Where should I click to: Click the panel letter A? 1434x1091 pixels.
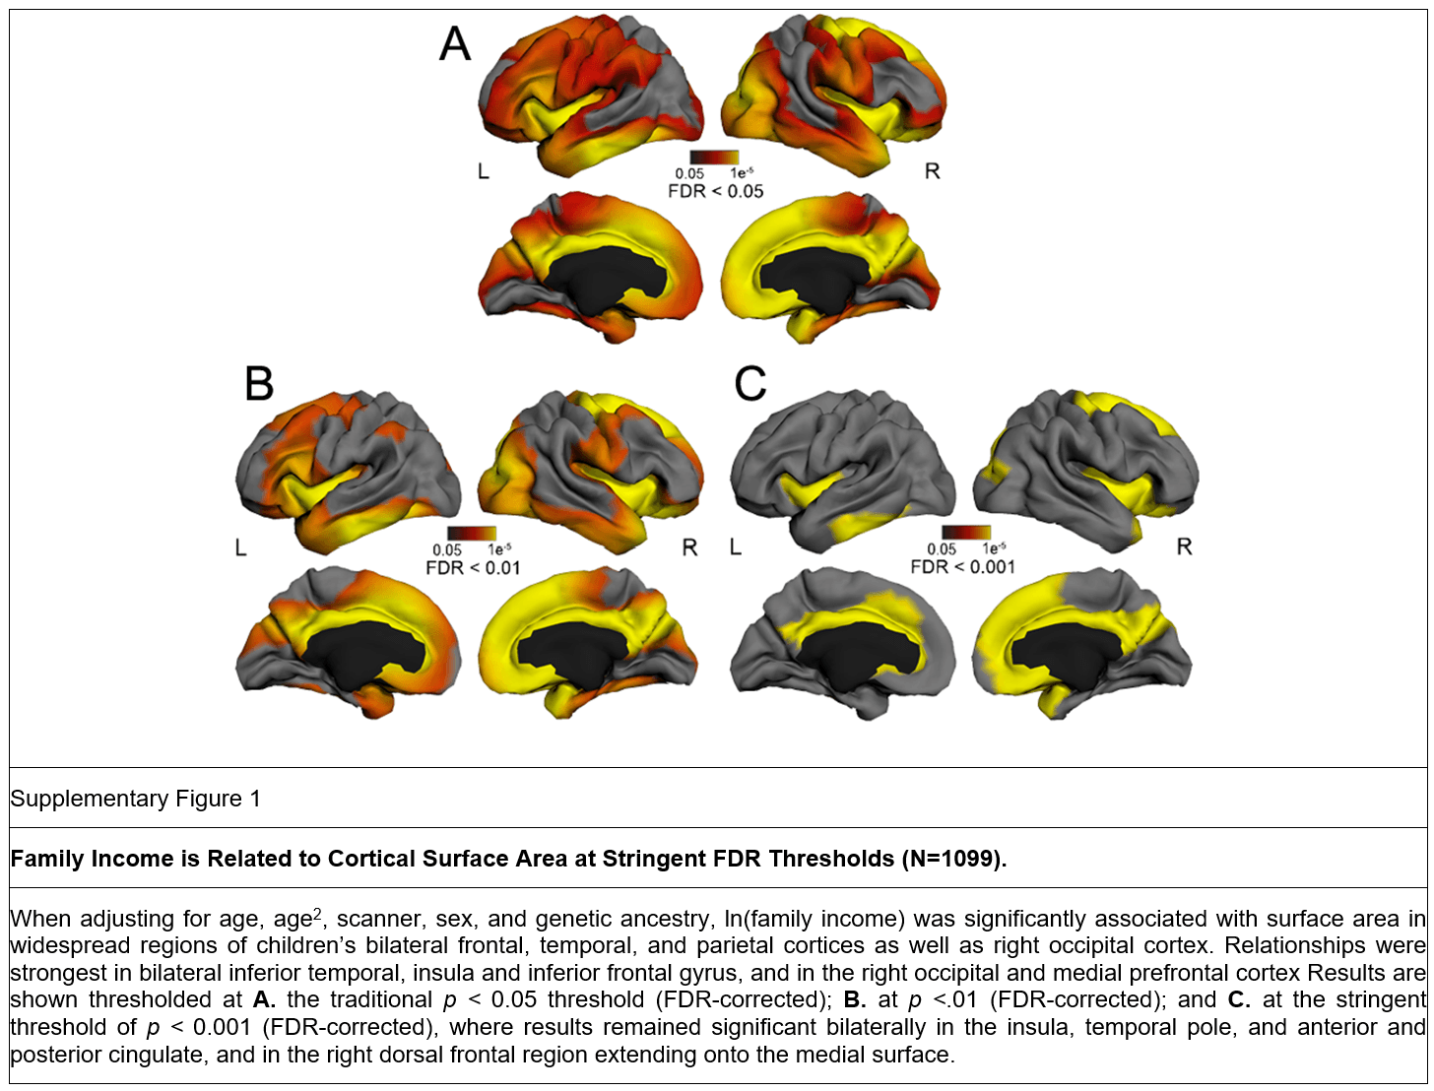(x=455, y=44)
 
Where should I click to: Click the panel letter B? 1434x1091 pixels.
(x=259, y=383)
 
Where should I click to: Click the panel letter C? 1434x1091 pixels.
(x=750, y=383)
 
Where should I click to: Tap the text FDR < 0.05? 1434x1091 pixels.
(x=716, y=191)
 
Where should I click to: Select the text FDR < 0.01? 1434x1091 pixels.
(x=473, y=567)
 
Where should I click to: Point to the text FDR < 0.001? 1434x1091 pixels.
(x=962, y=567)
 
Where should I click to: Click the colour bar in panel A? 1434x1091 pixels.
(x=714, y=157)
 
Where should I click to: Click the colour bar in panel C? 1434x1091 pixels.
(x=965, y=533)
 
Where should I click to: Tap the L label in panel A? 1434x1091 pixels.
(x=483, y=172)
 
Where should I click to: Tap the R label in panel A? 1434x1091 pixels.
(x=932, y=172)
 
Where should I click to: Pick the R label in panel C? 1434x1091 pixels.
(x=1184, y=547)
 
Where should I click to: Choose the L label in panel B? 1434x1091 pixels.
(x=241, y=547)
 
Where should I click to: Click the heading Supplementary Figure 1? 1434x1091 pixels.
(x=136, y=799)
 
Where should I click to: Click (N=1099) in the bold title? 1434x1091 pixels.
(x=953, y=859)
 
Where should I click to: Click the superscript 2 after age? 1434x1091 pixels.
(x=317, y=914)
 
